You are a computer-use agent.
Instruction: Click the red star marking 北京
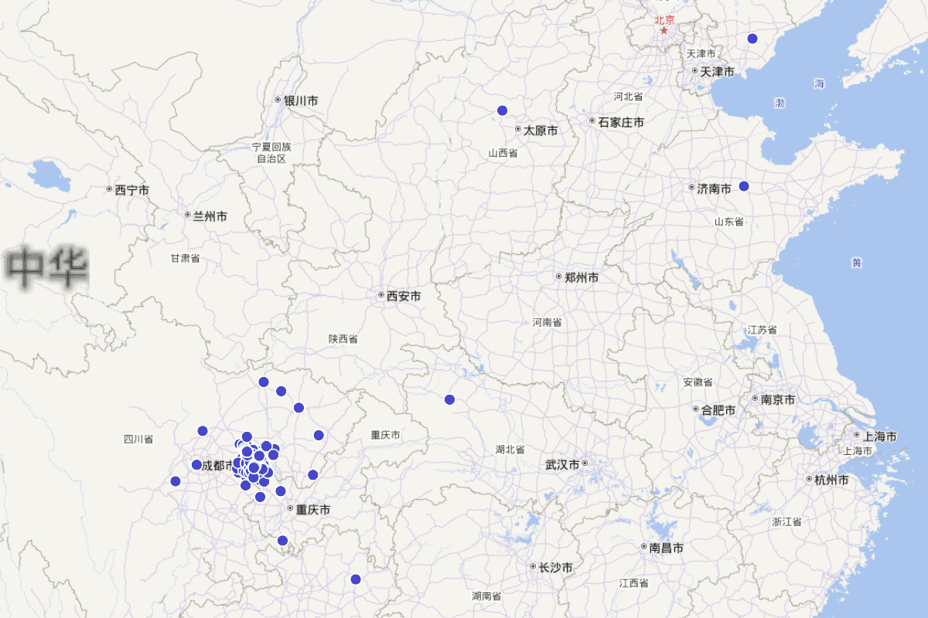tap(664, 31)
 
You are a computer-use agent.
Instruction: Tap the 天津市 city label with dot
tap(712, 72)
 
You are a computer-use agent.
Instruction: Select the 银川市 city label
tap(296, 100)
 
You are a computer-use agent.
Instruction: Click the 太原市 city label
tap(536, 131)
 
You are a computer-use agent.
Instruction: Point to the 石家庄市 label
tap(616, 121)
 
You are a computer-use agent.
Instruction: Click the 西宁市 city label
tap(128, 189)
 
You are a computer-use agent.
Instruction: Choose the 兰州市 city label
tap(206, 216)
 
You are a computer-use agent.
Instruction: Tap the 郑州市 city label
tap(577, 277)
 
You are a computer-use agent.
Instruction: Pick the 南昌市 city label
tap(662, 548)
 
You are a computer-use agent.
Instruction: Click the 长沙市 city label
tap(551, 567)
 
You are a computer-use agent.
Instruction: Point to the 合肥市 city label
tap(714, 410)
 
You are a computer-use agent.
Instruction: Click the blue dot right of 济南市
tap(744, 186)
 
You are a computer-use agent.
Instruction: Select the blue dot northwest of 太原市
tap(502, 110)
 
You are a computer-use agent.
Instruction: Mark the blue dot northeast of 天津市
tap(752, 39)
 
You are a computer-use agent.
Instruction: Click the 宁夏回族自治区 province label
tap(271, 152)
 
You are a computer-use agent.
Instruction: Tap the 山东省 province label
tap(728, 222)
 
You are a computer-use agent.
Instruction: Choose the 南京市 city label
tap(773, 399)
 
